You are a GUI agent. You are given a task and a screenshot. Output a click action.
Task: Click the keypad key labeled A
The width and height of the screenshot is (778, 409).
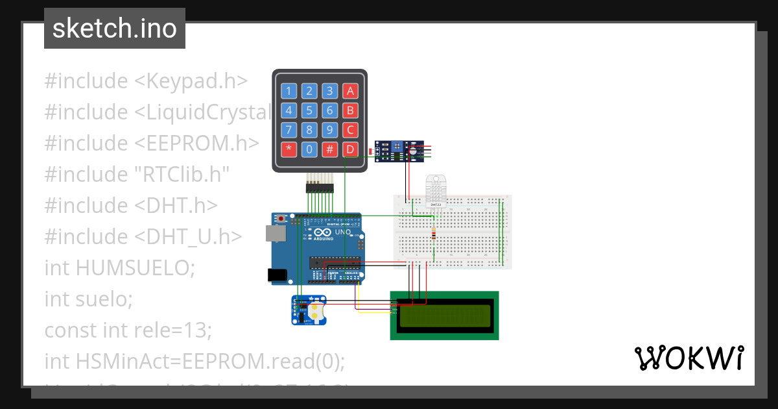(x=350, y=91)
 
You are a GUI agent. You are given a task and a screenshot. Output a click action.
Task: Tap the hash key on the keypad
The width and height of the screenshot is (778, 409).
(x=330, y=149)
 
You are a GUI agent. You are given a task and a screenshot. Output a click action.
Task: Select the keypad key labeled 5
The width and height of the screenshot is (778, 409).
(x=310, y=110)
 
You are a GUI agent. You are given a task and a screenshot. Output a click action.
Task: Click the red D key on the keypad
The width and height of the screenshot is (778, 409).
(x=350, y=149)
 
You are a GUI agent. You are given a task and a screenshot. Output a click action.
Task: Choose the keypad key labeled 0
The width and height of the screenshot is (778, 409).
(x=310, y=149)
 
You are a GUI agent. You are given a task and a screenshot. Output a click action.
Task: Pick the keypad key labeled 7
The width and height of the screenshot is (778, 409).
(x=290, y=130)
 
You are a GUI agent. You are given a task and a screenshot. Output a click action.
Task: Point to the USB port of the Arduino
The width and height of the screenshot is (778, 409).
(x=274, y=234)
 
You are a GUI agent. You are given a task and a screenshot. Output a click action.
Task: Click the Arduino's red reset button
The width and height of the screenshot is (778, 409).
(x=281, y=219)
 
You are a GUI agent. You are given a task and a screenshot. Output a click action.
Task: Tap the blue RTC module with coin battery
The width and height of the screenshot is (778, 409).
(x=309, y=310)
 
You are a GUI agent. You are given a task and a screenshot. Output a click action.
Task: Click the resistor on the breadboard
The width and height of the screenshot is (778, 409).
(x=434, y=234)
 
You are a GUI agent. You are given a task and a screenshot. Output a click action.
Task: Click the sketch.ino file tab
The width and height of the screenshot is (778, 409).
(x=115, y=29)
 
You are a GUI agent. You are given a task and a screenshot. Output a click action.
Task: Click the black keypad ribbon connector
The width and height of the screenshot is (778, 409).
(x=319, y=189)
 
